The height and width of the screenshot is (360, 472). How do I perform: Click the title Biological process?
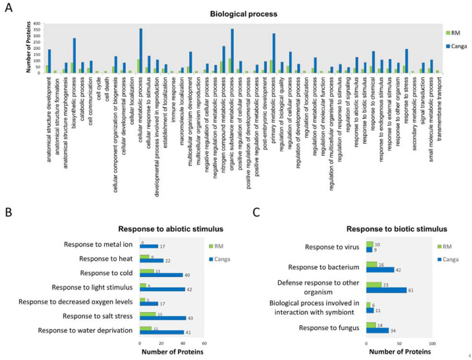pyautogui.click(x=236, y=12)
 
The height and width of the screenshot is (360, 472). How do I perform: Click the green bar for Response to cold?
pyautogui.click(x=147, y=271)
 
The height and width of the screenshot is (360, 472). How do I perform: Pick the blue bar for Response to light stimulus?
pyautogui.click(x=162, y=289)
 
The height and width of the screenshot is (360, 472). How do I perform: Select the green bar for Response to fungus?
pyautogui.click(x=371, y=325)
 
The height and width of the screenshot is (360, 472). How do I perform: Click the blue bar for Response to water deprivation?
pyautogui.click(x=162, y=332)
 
